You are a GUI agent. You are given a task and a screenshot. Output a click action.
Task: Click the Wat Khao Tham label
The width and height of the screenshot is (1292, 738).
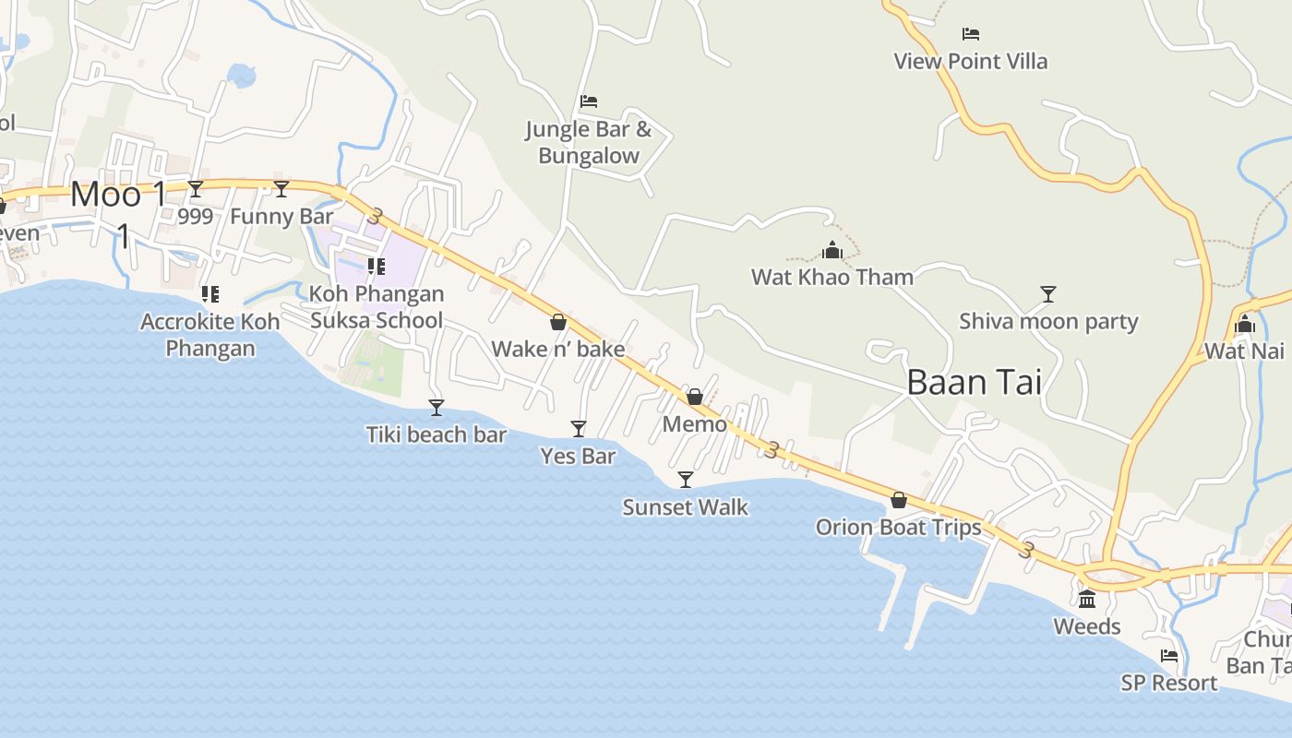pyautogui.click(x=831, y=277)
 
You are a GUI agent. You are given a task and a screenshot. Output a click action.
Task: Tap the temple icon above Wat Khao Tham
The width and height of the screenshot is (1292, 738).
pyautogui.click(x=832, y=250)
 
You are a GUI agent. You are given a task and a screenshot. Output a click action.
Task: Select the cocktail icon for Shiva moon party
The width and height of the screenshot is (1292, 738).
pyautogui.click(x=1047, y=294)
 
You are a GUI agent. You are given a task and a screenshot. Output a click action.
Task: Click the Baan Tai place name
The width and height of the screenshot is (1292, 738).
pyautogui.click(x=974, y=382)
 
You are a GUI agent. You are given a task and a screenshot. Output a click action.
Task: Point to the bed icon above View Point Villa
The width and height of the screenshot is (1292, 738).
pyautogui.click(x=970, y=34)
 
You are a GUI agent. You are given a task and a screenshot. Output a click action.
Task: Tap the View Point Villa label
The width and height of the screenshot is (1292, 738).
pyautogui.click(x=970, y=62)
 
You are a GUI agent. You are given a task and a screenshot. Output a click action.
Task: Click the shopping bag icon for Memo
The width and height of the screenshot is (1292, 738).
pyautogui.click(x=695, y=397)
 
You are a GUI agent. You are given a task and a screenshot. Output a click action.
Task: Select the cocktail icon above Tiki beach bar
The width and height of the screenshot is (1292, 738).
pyautogui.click(x=437, y=407)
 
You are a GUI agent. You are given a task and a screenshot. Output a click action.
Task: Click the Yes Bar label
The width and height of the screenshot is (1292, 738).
pyautogui.click(x=578, y=456)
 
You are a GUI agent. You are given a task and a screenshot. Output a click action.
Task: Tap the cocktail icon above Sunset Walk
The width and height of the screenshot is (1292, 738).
pyautogui.click(x=685, y=479)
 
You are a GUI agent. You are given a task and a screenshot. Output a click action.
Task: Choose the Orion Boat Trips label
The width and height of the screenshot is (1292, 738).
pyautogui.click(x=898, y=528)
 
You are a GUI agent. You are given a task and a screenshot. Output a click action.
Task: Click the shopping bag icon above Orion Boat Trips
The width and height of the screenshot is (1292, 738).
pyautogui.click(x=898, y=501)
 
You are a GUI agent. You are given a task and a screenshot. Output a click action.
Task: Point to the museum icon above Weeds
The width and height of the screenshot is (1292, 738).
pyautogui.click(x=1087, y=600)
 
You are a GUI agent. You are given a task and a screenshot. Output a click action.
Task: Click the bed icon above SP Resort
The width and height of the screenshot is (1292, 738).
pyautogui.click(x=1169, y=656)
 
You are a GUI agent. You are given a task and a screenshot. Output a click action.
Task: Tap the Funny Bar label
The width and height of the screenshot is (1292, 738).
pyautogui.click(x=281, y=217)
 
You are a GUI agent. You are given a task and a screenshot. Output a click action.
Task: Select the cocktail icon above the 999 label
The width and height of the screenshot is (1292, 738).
pyautogui.click(x=196, y=189)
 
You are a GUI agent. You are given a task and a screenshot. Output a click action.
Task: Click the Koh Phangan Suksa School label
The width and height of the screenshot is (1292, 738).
pyautogui.click(x=377, y=307)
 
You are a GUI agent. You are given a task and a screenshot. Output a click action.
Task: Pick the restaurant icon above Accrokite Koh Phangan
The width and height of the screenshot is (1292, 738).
pyautogui.click(x=209, y=294)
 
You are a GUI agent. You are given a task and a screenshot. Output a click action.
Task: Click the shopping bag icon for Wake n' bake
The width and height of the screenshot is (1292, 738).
pyautogui.click(x=557, y=322)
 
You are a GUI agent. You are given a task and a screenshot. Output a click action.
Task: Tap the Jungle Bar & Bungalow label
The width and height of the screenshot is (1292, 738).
pyautogui.click(x=589, y=143)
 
